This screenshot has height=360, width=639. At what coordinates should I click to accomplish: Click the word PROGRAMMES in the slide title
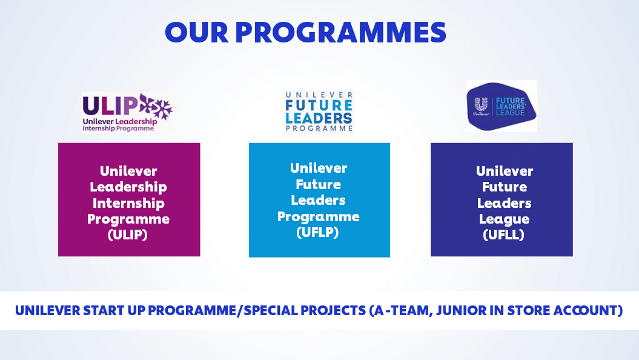click(x=340, y=32)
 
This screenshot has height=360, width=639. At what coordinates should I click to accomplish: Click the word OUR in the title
click(x=197, y=32)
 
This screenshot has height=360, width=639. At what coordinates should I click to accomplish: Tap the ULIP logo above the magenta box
click(x=128, y=113)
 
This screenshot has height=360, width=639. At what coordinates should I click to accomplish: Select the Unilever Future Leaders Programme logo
click(x=319, y=112)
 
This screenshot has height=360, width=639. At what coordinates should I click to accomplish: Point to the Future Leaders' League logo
click(x=502, y=106)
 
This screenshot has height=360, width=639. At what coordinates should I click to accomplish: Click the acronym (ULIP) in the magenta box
click(x=128, y=235)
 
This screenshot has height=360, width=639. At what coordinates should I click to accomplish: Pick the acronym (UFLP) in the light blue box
click(x=317, y=232)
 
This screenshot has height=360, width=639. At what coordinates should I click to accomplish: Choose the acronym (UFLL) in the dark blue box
click(x=503, y=235)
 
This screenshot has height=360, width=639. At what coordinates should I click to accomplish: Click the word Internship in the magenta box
click(x=128, y=203)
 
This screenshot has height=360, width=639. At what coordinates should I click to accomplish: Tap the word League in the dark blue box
click(x=504, y=219)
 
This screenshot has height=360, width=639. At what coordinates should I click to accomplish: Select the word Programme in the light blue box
click(x=318, y=216)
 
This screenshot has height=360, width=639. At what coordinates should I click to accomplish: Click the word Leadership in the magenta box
click(x=128, y=187)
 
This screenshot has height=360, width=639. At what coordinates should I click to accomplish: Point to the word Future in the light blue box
click(x=318, y=184)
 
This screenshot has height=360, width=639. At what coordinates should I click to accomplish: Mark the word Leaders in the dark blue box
click(x=504, y=203)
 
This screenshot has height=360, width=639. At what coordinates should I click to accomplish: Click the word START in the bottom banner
click(x=104, y=311)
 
